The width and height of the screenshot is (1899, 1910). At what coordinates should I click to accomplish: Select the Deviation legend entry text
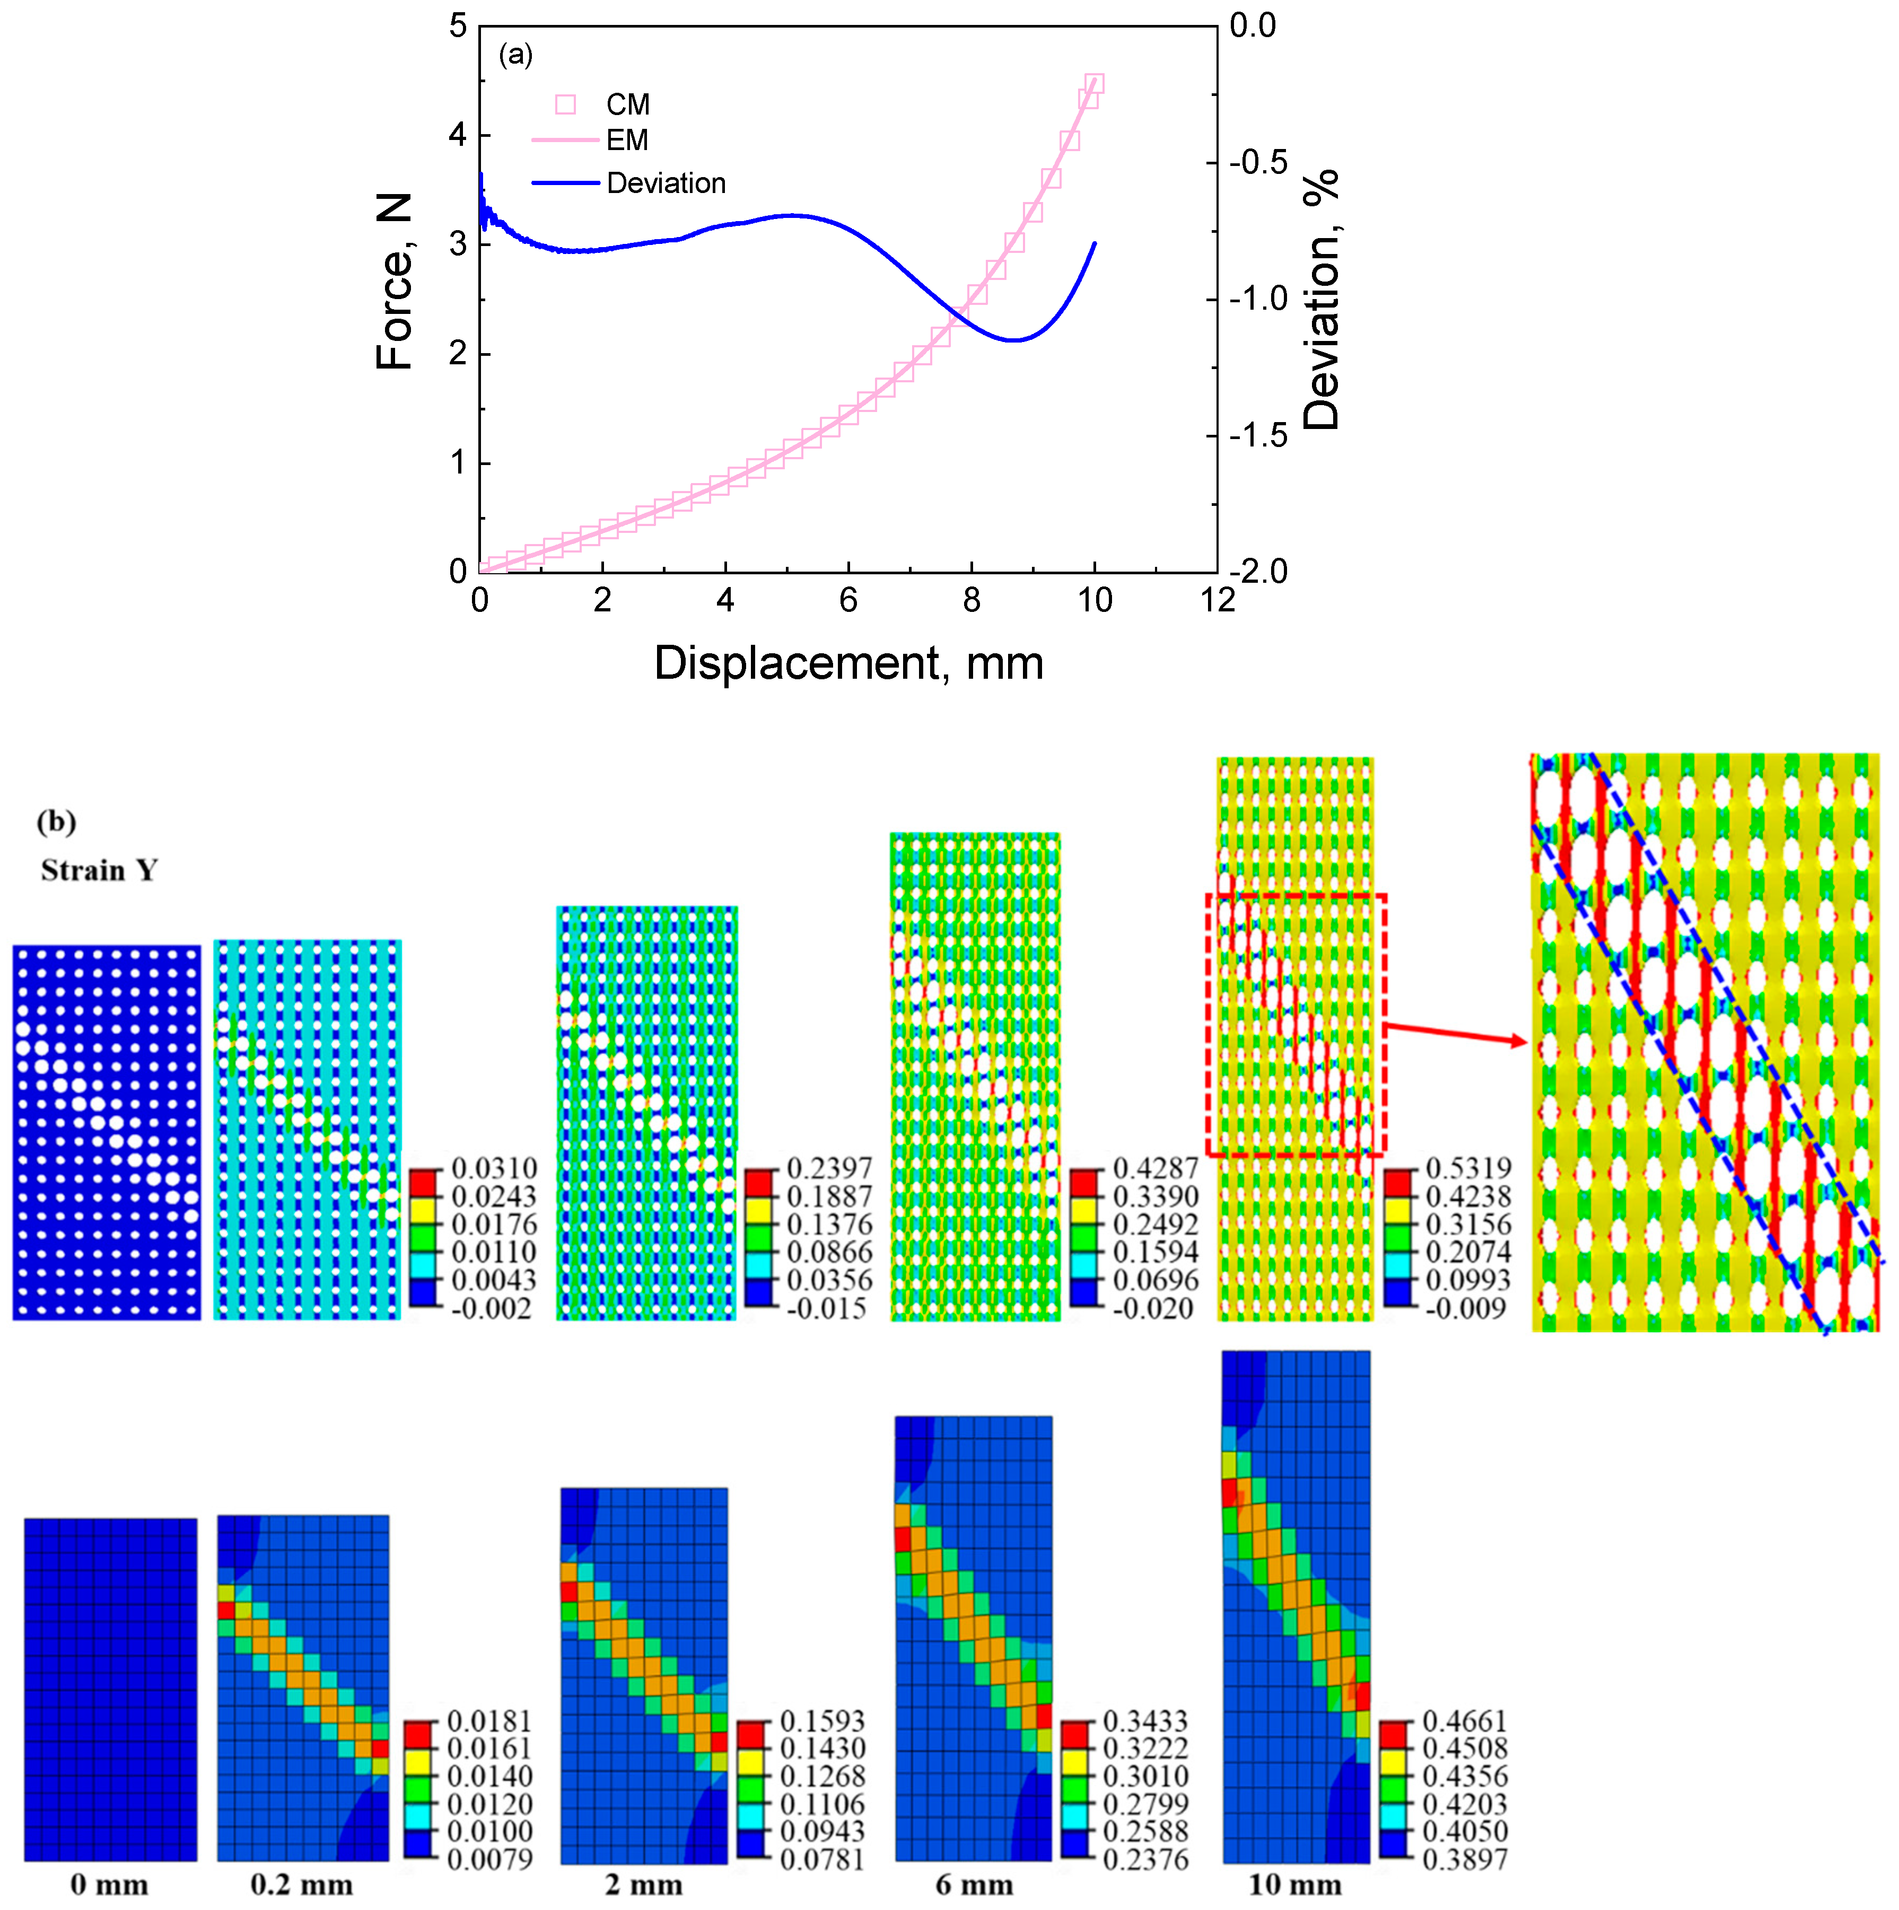pos(666,184)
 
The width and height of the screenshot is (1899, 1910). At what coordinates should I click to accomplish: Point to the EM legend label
pos(627,141)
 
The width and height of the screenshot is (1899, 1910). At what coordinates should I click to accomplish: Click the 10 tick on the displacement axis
pos(1095,600)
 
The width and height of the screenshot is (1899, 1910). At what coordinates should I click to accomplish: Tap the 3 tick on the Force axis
pos(458,244)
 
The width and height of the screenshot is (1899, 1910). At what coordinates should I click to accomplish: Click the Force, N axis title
pos(395,282)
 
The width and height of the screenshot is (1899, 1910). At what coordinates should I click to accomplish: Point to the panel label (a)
pos(515,55)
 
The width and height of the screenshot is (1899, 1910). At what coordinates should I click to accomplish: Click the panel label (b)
pos(56,821)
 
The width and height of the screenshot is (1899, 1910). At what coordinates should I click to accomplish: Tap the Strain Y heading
pos(99,870)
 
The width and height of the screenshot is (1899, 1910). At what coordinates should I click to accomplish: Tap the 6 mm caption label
pos(974,1885)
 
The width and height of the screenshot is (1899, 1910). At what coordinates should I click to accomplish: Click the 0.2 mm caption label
pos(302,1885)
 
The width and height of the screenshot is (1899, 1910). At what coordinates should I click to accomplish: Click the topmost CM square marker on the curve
pos(1093,84)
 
